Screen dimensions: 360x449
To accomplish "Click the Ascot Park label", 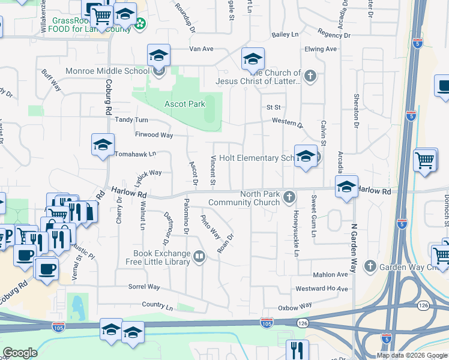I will (x=185, y=104).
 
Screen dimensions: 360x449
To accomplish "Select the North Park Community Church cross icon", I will (x=289, y=197).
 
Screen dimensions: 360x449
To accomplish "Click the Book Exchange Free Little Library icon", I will (x=199, y=257).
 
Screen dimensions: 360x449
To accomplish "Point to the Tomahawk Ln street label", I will (x=135, y=154).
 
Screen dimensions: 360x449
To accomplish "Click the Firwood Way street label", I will (x=154, y=135).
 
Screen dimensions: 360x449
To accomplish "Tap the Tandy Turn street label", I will (x=131, y=120).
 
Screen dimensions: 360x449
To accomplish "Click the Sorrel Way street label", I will (x=145, y=287).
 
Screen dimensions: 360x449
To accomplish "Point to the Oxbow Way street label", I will (x=295, y=305).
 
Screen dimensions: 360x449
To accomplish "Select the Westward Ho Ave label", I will (x=322, y=289).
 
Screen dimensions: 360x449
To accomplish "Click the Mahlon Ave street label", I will (x=331, y=274).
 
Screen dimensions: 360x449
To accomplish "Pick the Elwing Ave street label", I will (x=321, y=49).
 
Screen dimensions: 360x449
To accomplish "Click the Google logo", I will (x=20, y=353).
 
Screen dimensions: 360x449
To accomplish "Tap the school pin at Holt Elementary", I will (x=306, y=157).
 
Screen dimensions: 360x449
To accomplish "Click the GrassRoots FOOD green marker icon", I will (x=140, y=24).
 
